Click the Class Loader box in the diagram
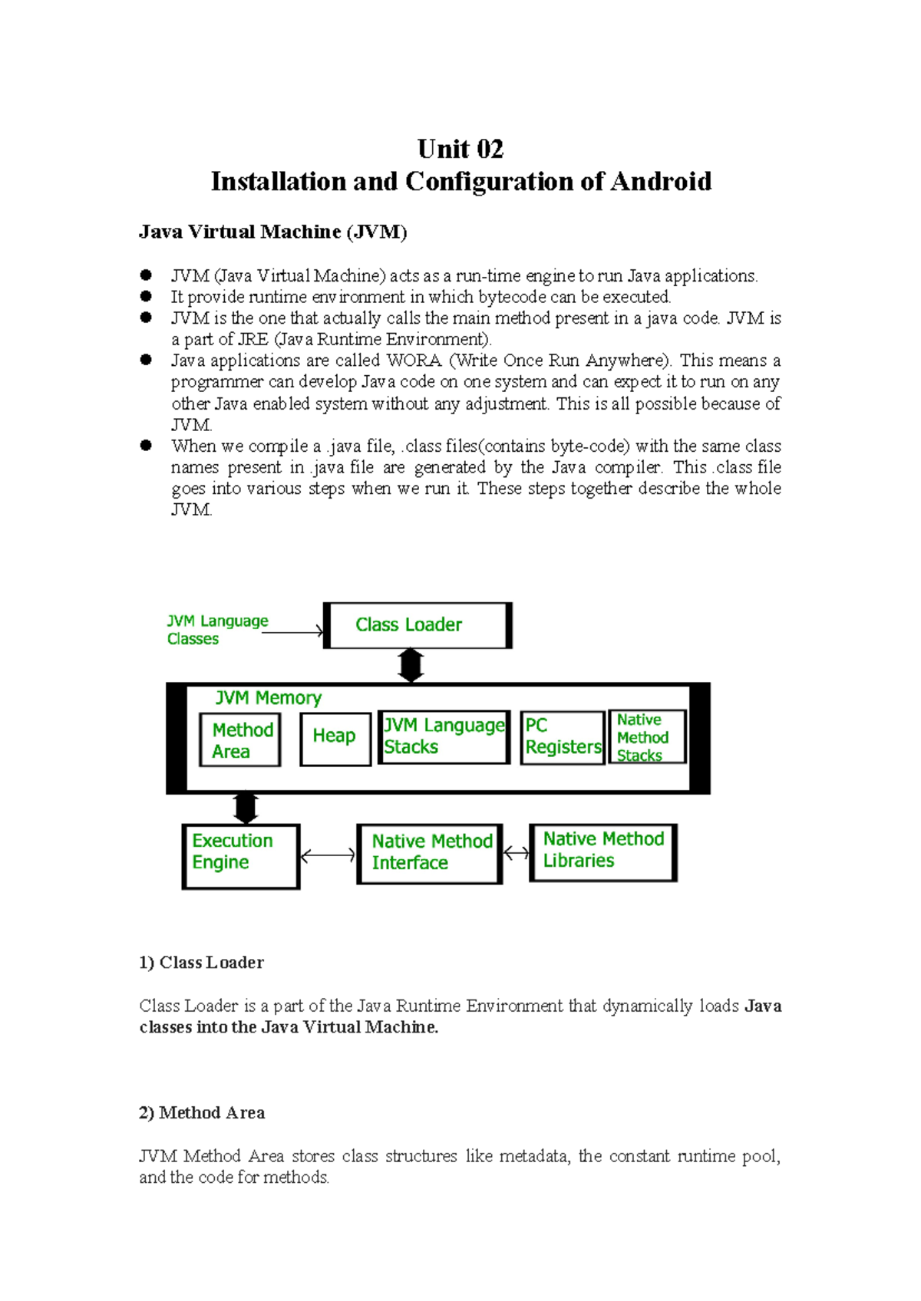click(x=418, y=625)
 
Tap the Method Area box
click(x=239, y=739)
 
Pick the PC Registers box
click(x=563, y=737)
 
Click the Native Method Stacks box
click(x=646, y=736)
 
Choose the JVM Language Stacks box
click(x=444, y=736)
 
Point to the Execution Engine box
click(x=240, y=856)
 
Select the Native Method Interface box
click(x=429, y=853)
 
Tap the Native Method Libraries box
click(x=602, y=851)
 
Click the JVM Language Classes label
click(x=216, y=630)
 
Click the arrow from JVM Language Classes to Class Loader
click(x=293, y=632)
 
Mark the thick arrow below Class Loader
click(x=411, y=665)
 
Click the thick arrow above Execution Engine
click(x=246, y=809)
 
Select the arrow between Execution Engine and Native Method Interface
click(x=328, y=855)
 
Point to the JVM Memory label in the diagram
click(x=268, y=697)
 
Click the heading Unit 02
click(x=460, y=148)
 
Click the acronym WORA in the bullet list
click(x=414, y=361)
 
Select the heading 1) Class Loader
click(x=201, y=963)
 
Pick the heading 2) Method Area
click(x=202, y=1113)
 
